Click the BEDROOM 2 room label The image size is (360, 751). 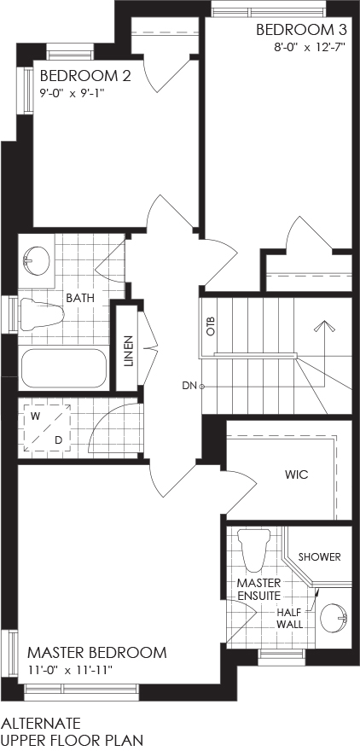click(x=85, y=76)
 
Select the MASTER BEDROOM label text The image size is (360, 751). click(x=97, y=652)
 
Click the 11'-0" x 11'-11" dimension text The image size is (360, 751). click(x=70, y=670)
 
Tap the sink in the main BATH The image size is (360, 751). click(x=37, y=260)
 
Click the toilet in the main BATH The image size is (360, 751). click(x=42, y=313)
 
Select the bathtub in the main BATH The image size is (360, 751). click(x=65, y=369)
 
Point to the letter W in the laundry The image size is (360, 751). click(x=35, y=416)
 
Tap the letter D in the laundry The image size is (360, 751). click(x=58, y=440)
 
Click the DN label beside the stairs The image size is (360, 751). click(x=189, y=385)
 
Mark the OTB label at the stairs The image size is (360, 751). click(x=212, y=326)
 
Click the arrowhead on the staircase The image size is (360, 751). click(x=324, y=326)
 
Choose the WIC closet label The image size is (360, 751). click(x=296, y=475)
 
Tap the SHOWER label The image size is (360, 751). click(x=320, y=557)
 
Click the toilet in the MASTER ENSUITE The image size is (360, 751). click(x=254, y=550)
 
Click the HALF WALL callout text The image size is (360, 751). click(x=292, y=618)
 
